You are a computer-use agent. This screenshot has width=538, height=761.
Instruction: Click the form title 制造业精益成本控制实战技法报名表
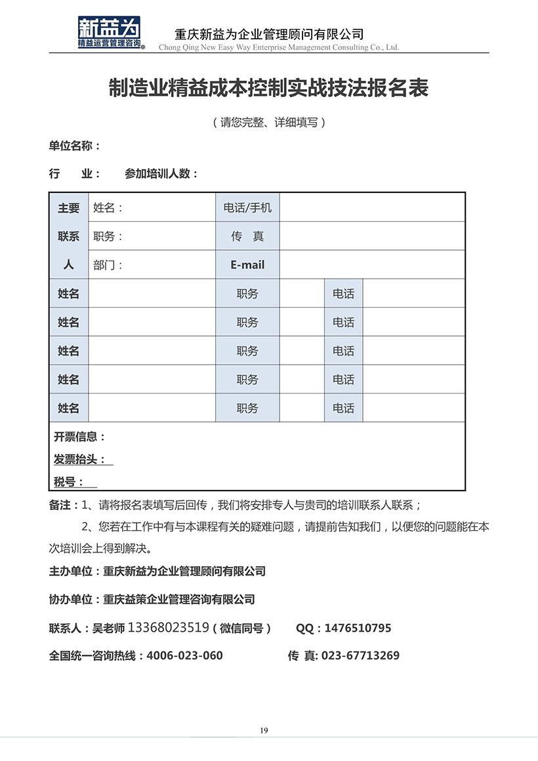coord(268,89)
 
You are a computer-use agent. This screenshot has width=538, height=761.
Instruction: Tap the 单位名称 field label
coord(74,146)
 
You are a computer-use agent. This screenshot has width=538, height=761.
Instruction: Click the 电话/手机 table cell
coord(247,208)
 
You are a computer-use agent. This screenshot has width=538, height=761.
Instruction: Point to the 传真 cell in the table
coord(247,236)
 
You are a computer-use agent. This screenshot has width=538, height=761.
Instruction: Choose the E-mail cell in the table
coord(247,265)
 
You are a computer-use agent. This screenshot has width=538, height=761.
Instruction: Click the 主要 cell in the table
coord(69,208)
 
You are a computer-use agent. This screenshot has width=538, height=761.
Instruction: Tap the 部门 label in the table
coord(108,265)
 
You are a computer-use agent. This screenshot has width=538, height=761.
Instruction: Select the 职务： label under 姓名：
coord(108,236)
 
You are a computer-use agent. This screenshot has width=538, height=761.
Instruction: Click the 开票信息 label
coord(79,436)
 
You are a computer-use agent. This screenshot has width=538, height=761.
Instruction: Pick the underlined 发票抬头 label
coord(79,459)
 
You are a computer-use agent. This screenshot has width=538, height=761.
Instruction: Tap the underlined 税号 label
coord(69,482)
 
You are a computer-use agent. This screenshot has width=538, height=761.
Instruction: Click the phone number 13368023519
coord(168,628)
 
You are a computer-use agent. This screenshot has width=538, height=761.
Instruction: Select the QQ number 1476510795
coord(358,628)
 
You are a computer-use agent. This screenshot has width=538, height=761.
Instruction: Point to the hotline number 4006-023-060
coord(184,655)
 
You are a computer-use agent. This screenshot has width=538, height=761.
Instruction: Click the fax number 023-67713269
coord(360,655)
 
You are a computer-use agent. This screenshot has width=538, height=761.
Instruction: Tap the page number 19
coord(264,731)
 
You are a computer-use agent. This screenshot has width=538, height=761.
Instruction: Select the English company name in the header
coord(279,47)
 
